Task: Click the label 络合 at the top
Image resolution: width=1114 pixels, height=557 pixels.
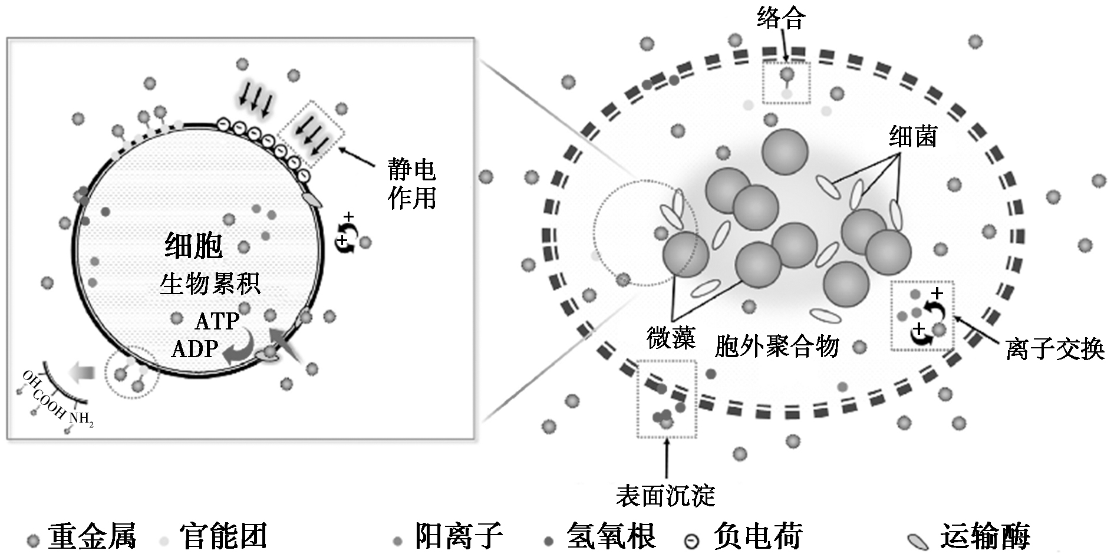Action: [x=781, y=19]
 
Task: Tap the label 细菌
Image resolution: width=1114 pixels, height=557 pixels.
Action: [x=913, y=137]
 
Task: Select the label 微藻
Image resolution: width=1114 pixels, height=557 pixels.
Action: [x=671, y=339]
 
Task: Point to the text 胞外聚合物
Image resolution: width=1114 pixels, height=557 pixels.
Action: [x=777, y=347]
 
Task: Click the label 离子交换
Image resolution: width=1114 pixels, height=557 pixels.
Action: [x=1054, y=350]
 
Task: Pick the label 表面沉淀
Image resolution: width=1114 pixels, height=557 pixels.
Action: [x=665, y=496]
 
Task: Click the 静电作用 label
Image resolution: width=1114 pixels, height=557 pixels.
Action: [x=411, y=184]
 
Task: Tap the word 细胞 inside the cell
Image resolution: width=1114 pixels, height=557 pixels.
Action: [x=194, y=246]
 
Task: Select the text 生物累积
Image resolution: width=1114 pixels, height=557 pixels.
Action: [x=210, y=285]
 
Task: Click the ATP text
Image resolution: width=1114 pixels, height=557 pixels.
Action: [x=217, y=322]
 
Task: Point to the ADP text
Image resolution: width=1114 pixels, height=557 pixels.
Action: [x=195, y=349]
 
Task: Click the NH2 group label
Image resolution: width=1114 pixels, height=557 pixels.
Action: [x=81, y=419]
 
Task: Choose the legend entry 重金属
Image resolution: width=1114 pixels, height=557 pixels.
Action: [x=92, y=537]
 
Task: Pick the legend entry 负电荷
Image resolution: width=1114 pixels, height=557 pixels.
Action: [x=758, y=537]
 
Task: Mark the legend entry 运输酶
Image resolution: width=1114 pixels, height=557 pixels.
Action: [x=985, y=537]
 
